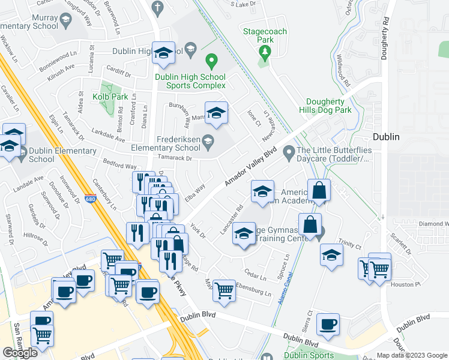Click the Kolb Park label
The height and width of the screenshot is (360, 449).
[x=110, y=96]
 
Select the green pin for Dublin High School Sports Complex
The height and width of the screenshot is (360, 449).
[x=211, y=60]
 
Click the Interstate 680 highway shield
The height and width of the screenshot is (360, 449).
[x=91, y=199]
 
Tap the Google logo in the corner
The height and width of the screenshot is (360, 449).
[x=20, y=352]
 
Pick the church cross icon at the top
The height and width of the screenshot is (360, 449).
[x=157, y=8]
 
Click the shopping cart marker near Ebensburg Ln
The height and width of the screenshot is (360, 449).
[x=224, y=290]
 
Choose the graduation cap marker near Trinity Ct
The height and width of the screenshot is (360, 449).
[x=331, y=254]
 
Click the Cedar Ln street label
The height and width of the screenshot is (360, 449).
[x=255, y=277]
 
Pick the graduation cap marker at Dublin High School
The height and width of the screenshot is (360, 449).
[x=163, y=53]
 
